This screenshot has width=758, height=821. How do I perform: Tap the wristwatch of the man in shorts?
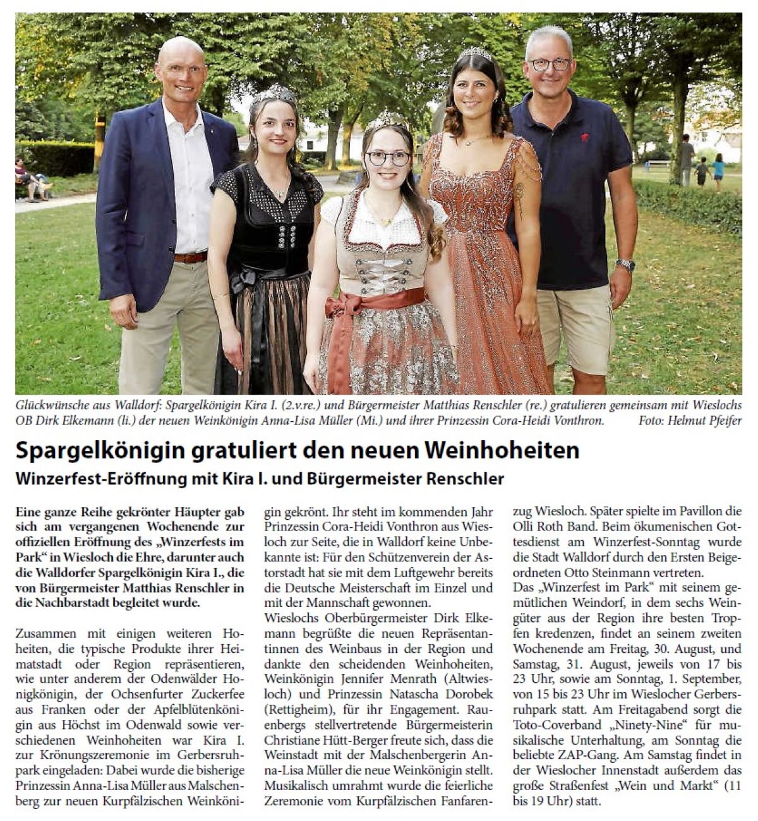coord(625,265)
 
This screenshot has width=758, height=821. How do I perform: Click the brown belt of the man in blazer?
coord(190,257)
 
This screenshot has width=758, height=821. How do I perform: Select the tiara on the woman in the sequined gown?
coord(475,53)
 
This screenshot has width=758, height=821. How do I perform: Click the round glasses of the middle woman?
coord(388,158)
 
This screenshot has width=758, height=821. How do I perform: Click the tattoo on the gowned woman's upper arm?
coord(520,196)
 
